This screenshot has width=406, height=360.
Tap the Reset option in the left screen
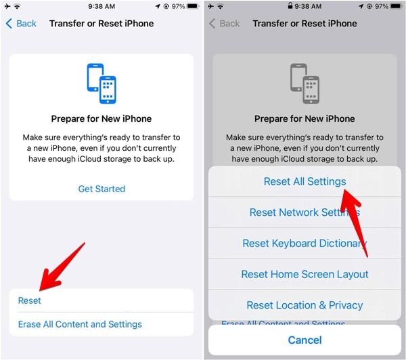point(30,300)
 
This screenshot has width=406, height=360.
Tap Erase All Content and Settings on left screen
point(80,324)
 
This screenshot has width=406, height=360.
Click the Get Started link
point(101,189)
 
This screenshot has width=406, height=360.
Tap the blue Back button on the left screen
point(21,24)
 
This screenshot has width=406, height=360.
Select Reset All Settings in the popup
point(304,181)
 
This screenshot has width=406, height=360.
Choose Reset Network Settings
point(304,212)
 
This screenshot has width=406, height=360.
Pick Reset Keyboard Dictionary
point(304,244)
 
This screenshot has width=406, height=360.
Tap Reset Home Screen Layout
point(304,274)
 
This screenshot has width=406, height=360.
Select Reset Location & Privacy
point(304,305)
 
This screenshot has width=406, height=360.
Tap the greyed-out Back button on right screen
point(224,24)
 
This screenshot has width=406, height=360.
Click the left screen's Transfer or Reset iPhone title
point(101,24)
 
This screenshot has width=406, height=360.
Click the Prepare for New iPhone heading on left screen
point(101,118)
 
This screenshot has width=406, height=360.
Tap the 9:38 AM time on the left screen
point(101,6)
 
